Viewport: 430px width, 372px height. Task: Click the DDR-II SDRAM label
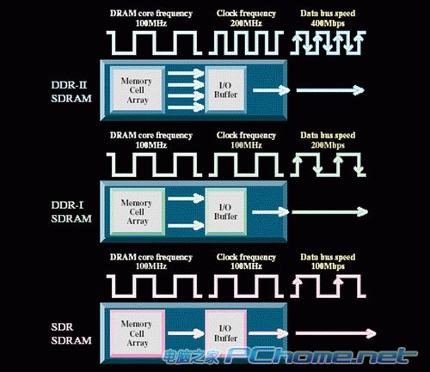71,92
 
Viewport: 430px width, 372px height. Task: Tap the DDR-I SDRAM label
71,212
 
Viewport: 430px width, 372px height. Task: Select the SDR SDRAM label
71,333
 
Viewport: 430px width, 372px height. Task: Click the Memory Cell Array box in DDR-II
137,90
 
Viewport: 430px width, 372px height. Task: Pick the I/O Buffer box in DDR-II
225,90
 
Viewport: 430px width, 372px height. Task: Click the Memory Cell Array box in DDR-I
137,212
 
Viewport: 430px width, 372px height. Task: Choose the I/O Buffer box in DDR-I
225,212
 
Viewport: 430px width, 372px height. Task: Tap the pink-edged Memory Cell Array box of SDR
137,333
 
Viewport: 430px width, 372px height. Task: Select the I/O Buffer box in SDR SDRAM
225,333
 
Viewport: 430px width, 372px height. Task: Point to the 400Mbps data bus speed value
328,23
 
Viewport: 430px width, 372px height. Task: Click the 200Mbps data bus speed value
328,145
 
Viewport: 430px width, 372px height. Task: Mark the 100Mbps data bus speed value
328,266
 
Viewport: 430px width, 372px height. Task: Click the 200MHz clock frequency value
246,23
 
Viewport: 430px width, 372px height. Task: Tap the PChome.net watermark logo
290,356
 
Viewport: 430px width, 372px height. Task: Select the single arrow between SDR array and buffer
186,333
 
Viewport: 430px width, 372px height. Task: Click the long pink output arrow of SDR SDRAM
335,333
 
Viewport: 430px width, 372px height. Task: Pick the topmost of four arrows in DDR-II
186,73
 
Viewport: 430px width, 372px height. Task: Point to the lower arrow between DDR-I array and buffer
186,225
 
